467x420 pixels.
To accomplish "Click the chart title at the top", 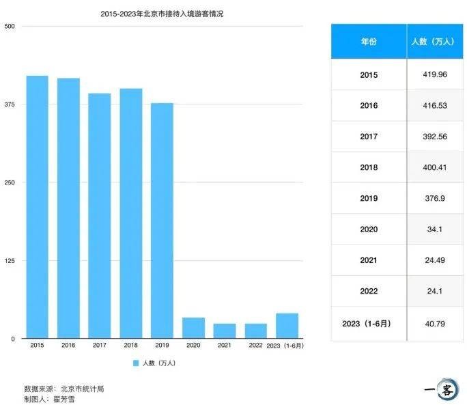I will tap(162, 13).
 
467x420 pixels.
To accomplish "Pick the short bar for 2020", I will tap(193, 328).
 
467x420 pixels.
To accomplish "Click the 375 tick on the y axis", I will tap(10, 104).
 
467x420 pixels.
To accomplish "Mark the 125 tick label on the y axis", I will tap(10, 261).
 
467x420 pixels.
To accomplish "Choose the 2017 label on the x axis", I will tap(100, 346).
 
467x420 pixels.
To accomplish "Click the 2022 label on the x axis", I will tap(256, 346).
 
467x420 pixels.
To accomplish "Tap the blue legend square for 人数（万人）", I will tap(136, 363).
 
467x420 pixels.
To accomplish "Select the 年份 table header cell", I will tap(369, 42).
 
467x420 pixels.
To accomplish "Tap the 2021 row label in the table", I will tap(369, 260).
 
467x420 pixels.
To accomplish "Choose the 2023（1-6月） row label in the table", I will tap(369, 322).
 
